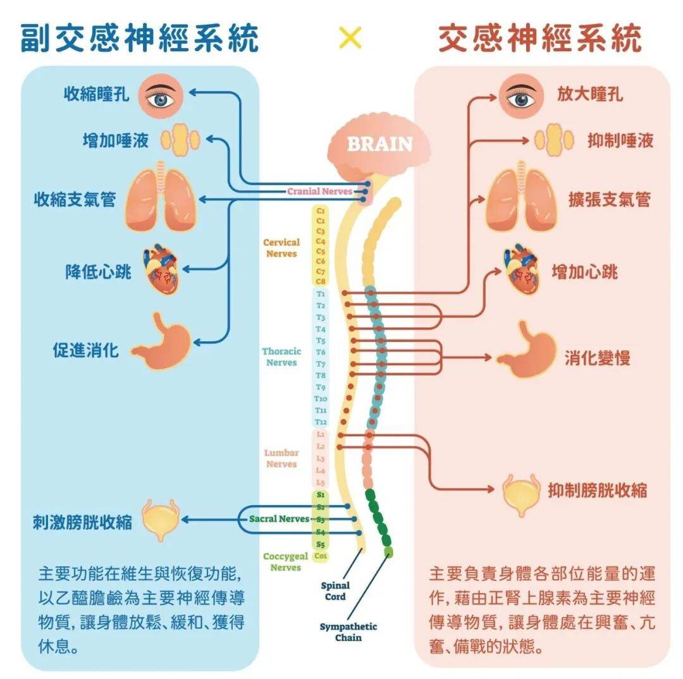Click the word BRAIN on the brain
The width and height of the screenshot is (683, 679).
tap(379, 144)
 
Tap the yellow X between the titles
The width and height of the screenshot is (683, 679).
tap(350, 38)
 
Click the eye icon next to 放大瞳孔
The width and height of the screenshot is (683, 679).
tap(521, 95)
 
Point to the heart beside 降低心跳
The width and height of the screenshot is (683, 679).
tap(160, 271)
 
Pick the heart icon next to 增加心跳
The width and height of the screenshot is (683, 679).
tap(522, 271)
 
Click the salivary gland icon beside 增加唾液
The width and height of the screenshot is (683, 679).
tap(180, 140)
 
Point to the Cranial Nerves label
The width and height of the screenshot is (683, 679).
tap(319, 191)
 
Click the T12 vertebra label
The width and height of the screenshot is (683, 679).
tap(321, 422)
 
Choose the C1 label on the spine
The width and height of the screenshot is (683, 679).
tap(321, 211)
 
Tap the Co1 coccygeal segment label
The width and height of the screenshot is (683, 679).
tap(321, 556)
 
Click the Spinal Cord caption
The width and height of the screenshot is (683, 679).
tap(335, 591)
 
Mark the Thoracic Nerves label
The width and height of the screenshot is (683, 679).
tap(281, 357)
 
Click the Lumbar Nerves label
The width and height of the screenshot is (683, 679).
tap(281, 458)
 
